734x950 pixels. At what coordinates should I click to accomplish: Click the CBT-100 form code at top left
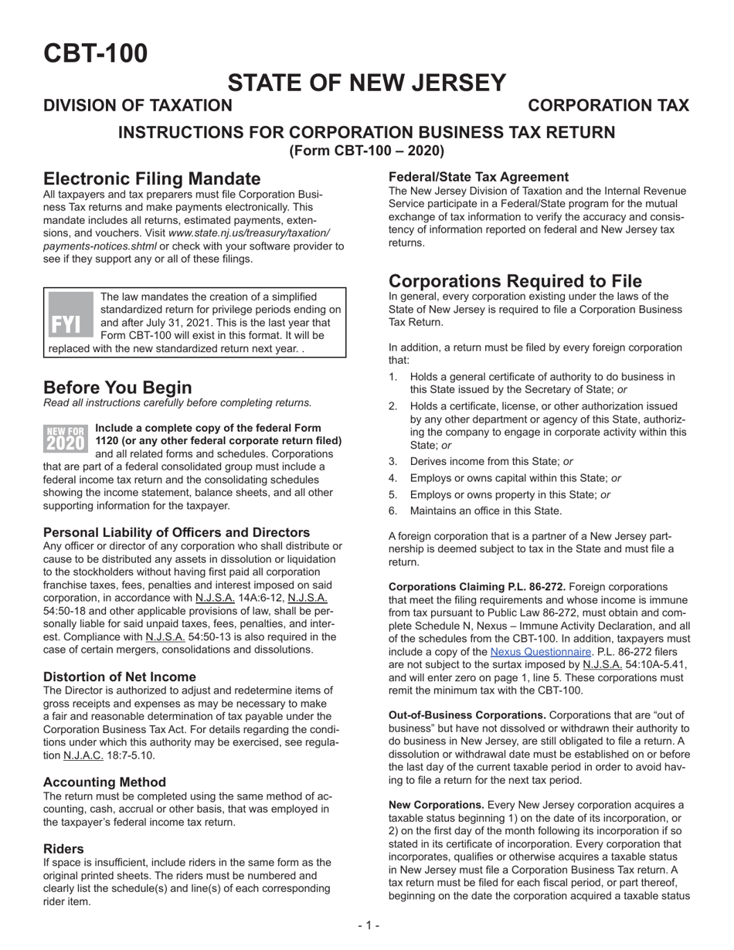[x=95, y=53]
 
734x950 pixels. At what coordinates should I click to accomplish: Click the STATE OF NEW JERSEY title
[x=366, y=83]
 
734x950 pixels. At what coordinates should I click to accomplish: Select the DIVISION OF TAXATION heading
[x=137, y=106]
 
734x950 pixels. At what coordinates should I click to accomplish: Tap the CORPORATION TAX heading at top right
[x=608, y=106]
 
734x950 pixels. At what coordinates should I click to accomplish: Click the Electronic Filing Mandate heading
[x=151, y=179]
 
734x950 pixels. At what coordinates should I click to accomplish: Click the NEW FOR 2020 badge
[x=66, y=437]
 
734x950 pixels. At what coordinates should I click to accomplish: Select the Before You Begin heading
[x=117, y=386]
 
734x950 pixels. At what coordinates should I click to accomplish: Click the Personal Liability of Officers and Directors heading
[x=176, y=532]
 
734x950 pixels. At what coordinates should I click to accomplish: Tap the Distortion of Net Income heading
[x=120, y=677]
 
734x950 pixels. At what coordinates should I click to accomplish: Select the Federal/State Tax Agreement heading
[x=478, y=177]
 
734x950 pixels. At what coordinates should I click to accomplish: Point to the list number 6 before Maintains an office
[x=393, y=511]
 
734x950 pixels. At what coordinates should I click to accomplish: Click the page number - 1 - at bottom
[x=368, y=925]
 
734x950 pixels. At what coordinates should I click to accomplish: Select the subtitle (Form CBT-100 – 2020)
[x=366, y=151]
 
